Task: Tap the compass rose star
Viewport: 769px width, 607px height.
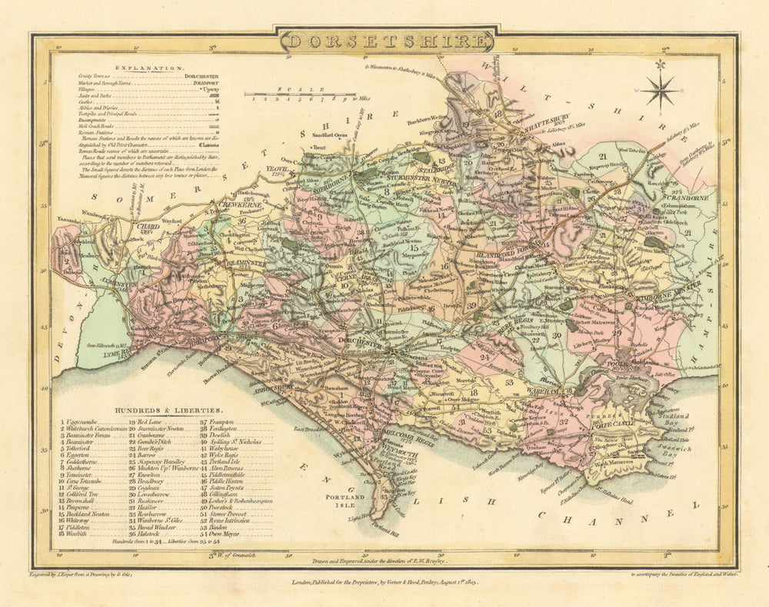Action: (x=661, y=91)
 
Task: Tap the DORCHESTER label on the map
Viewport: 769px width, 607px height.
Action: (x=361, y=346)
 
